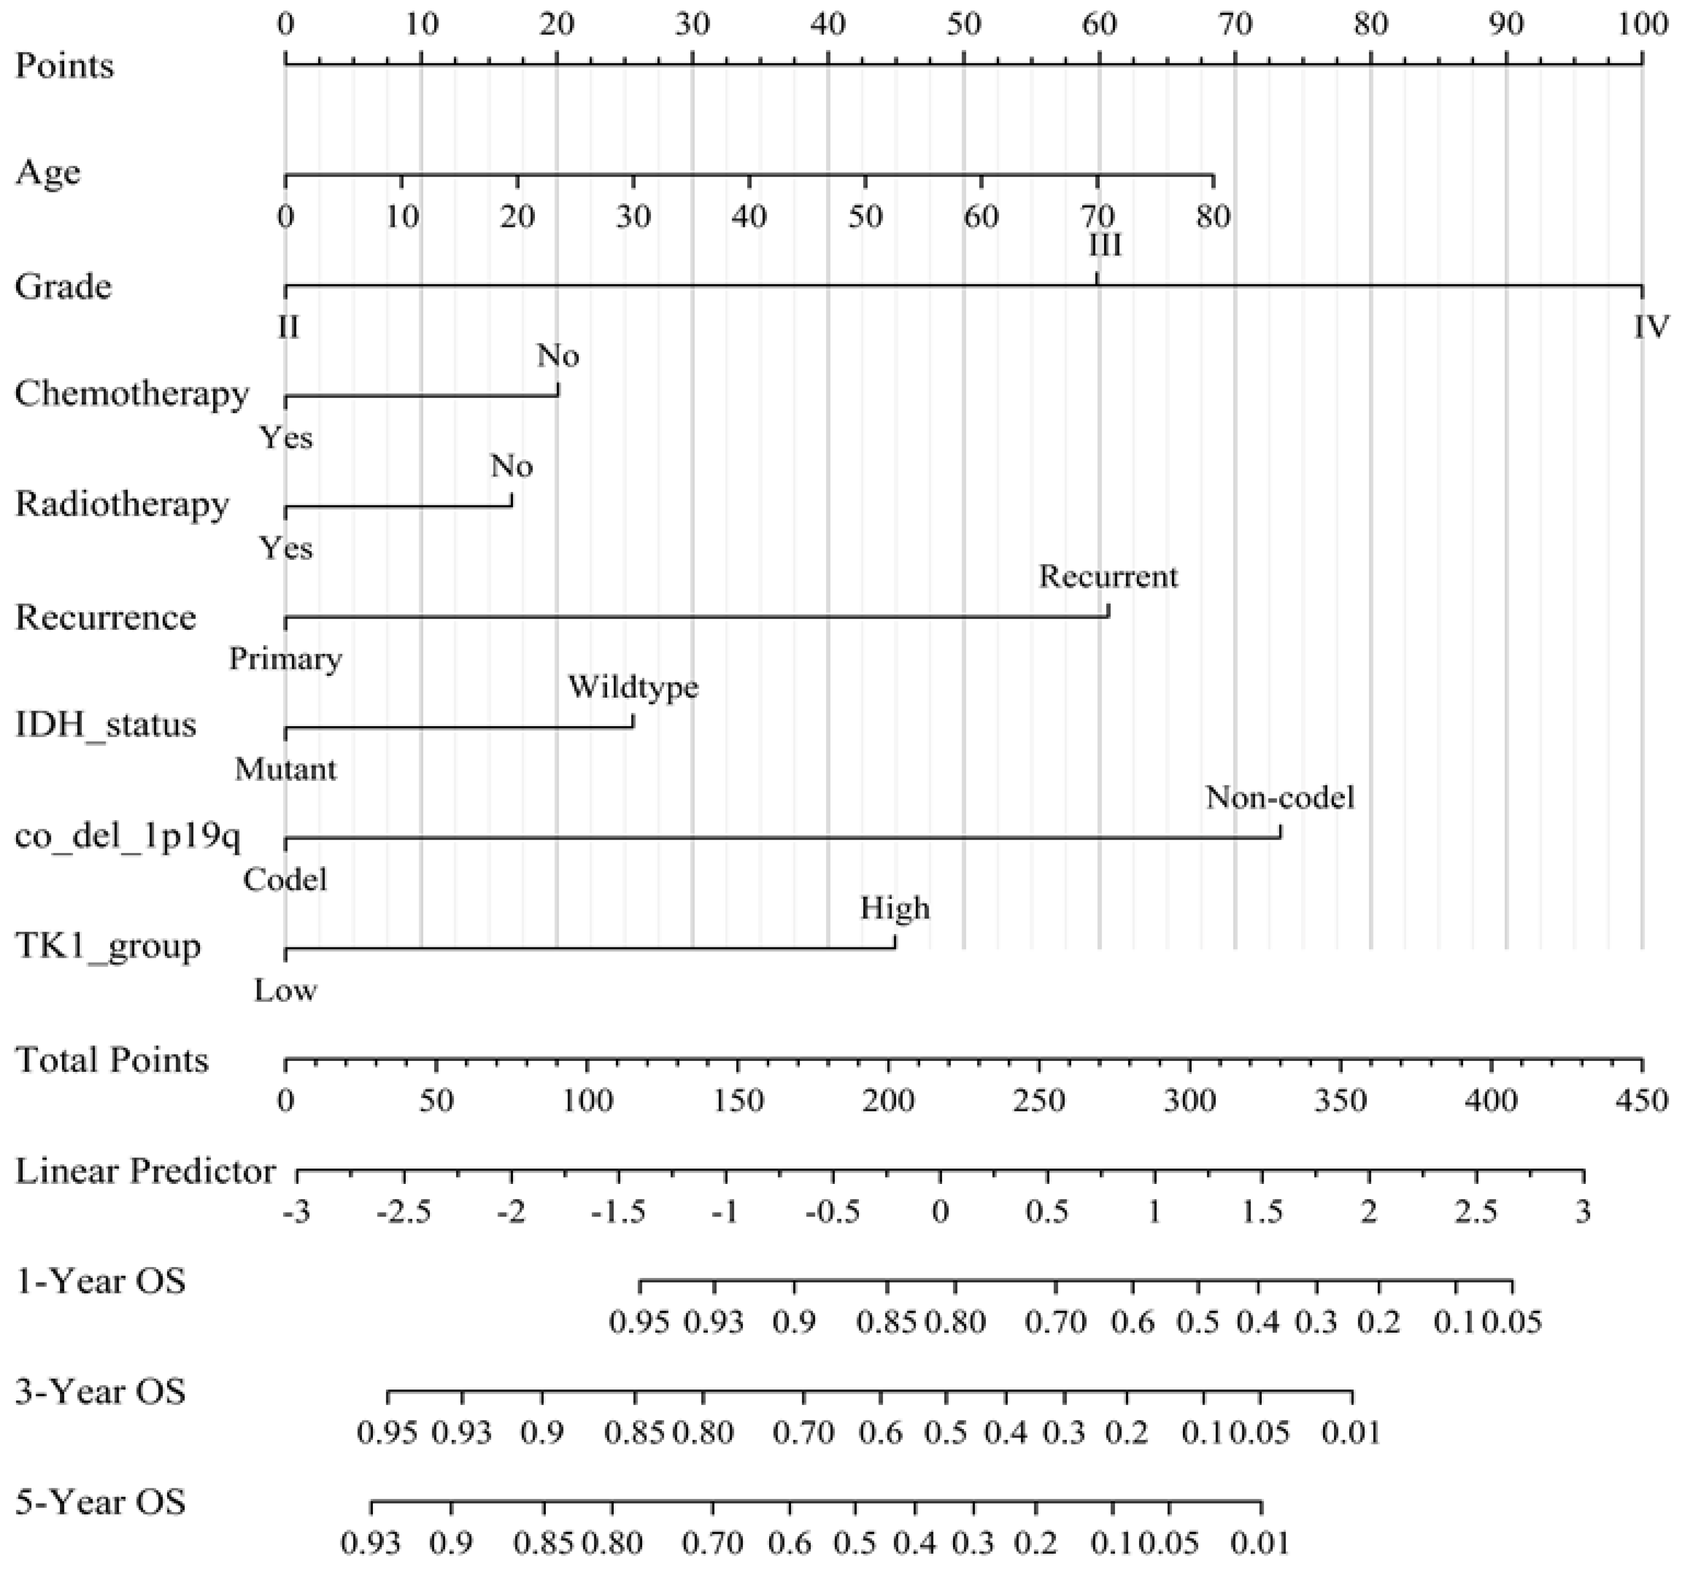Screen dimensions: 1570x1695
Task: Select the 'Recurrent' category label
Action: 1108,577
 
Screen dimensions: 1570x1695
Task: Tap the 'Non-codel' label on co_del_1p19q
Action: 1279,798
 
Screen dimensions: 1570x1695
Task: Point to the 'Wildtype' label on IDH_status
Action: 633,686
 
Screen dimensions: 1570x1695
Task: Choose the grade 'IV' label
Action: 1651,326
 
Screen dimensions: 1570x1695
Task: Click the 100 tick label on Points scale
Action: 1641,25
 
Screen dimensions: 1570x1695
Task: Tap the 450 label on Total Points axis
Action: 1641,1101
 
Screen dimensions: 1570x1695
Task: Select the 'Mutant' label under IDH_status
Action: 286,770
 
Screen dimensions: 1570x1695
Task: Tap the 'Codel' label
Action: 286,880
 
